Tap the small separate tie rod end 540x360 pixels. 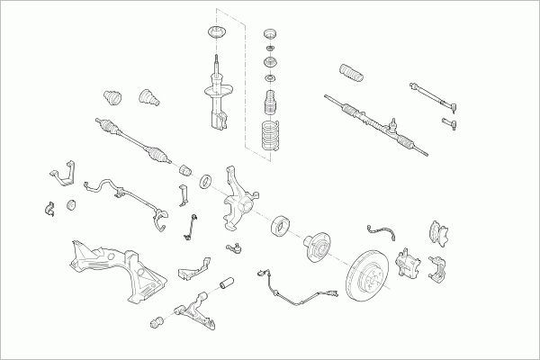[x=451, y=120]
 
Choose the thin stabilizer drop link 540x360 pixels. [x=192, y=229]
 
